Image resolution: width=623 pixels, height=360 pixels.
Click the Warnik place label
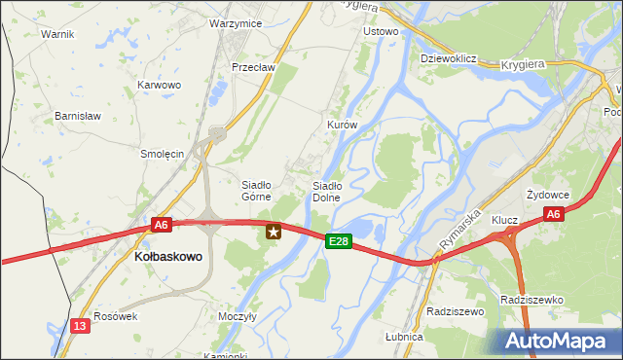[57, 33]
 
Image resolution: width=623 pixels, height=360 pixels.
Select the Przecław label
[254, 67]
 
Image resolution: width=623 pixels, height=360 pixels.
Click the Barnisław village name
[79, 116]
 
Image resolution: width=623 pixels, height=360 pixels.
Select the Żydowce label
[545, 195]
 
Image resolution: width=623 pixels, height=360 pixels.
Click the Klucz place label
[504, 220]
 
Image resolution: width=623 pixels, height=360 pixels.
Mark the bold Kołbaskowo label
[166, 257]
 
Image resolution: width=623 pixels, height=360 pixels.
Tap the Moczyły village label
[237, 316]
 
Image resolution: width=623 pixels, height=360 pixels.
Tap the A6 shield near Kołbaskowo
[162, 225]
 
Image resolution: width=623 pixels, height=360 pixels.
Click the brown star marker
[274, 232]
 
